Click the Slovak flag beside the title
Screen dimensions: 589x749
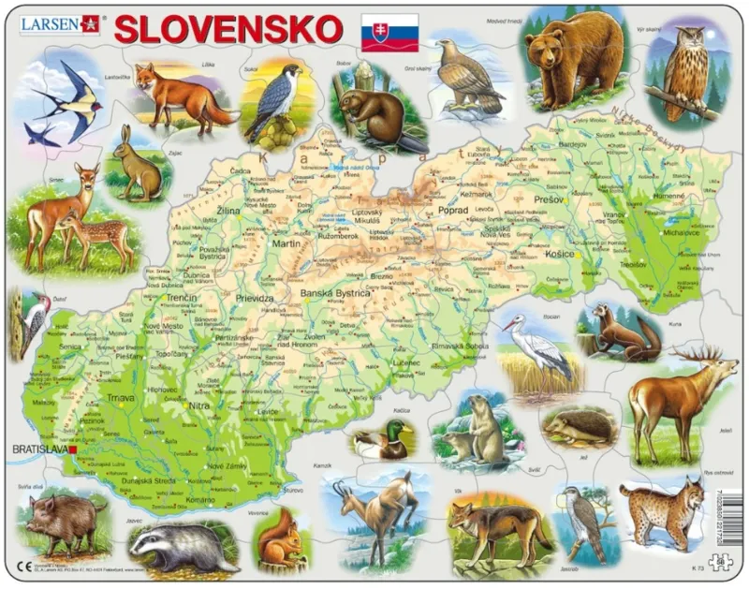[x=389, y=33]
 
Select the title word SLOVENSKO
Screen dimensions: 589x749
[x=228, y=29]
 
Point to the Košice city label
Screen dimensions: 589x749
[x=558, y=254]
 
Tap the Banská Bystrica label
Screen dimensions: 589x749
[x=335, y=293]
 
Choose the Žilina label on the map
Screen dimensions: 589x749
[x=228, y=212]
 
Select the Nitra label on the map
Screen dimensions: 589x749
[x=199, y=405]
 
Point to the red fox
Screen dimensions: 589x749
[x=180, y=96]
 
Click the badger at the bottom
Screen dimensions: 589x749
[x=184, y=547]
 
